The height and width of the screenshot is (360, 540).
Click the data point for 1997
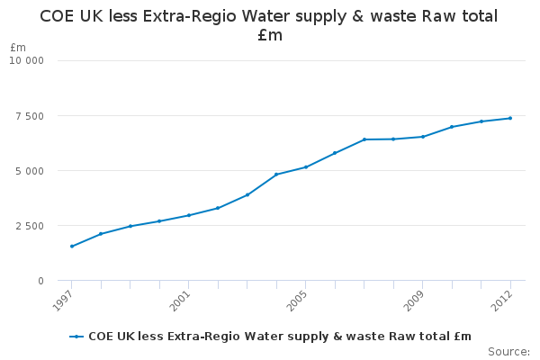(x=72, y=246)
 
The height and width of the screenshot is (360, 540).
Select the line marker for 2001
(x=189, y=215)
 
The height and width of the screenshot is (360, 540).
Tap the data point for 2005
(x=306, y=166)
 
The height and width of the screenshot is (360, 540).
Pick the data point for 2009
(x=423, y=137)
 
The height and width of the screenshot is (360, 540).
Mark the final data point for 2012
(x=510, y=118)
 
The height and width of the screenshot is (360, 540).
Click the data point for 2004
(x=276, y=175)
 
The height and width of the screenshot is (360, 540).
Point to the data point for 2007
(x=364, y=139)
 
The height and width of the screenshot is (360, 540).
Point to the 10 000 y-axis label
(x=26, y=60)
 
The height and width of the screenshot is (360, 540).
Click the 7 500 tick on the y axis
(x=30, y=116)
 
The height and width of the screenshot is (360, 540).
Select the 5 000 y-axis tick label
(x=30, y=171)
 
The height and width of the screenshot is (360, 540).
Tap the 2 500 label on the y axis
(x=30, y=226)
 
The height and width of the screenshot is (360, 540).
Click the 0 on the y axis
(x=40, y=281)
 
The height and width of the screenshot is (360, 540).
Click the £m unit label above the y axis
(x=18, y=47)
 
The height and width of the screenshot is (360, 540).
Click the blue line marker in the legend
(x=77, y=337)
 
